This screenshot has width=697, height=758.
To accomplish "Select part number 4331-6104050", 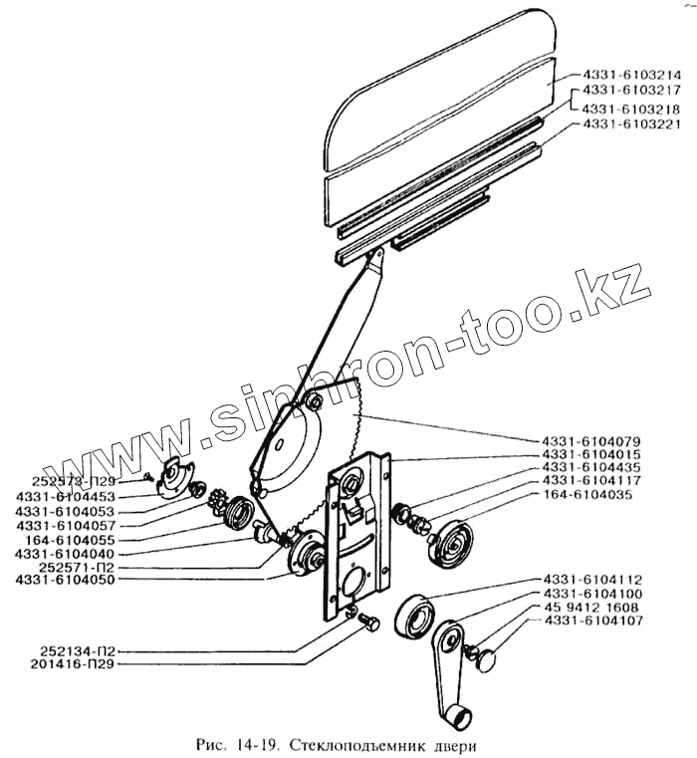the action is [66, 580].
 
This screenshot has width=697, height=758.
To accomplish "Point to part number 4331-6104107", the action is [597, 621].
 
